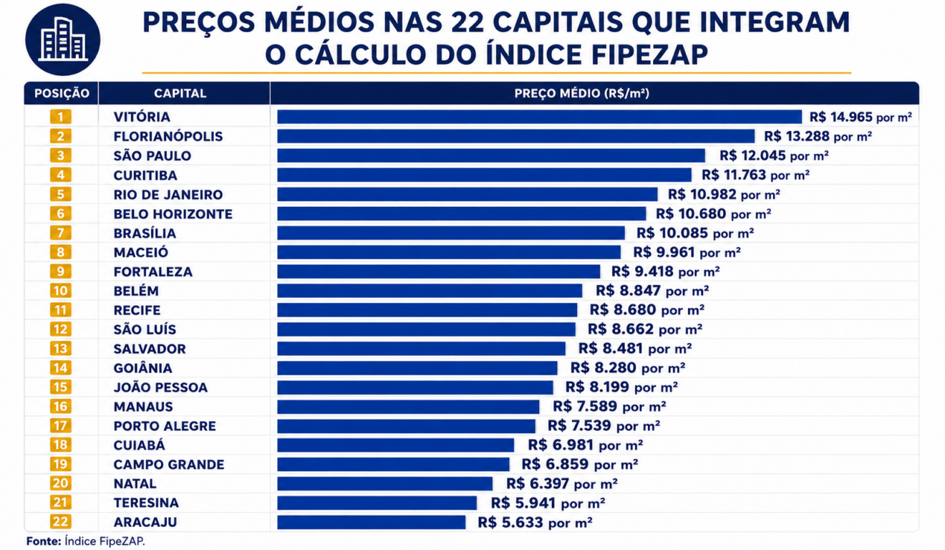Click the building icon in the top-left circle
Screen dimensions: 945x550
[x=63, y=39]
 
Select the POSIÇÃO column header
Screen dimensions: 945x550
[x=62, y=93]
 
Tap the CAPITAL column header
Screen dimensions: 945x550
[x=180, y=93]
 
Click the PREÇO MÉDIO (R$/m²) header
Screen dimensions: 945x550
[x=582, y=93]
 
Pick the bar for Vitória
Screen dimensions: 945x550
[x=540, y=117]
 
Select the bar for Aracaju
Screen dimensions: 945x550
[x=372, y=522]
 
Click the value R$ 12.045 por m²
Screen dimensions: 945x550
[x=774, y=155]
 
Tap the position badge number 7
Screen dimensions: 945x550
[x=60, y=233]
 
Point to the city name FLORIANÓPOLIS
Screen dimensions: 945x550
[x=168, y=136]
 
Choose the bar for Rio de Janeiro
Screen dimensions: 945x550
[x=467, y=194]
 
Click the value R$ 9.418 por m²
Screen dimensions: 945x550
[x=666, y=271]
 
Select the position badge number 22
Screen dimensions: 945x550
[x=60, y=522]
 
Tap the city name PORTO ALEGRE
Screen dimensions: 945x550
[x=165, y=426]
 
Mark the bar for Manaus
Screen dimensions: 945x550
[x=408, y=407]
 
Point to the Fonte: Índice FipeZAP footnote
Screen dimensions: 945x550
[x=86, y=541]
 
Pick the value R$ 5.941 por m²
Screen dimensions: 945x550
[x=548, y=503]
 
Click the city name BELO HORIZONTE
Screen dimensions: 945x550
[x=173, y=214]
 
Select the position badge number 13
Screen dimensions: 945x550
[x=60, y=349]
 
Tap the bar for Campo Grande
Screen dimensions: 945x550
[x=393, y=464]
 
